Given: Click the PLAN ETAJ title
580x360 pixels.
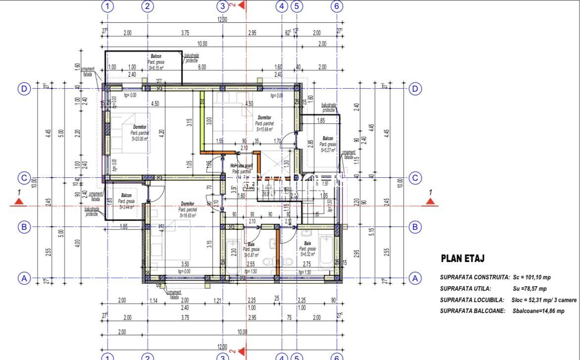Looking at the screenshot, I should [x=462, y=258].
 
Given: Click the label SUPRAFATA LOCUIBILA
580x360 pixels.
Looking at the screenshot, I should [x=472, y=300].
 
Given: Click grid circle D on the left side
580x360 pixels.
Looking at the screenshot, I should [x=24, y=89].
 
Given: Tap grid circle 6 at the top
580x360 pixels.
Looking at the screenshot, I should [x=337, y=6].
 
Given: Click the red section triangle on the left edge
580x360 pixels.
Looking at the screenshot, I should [x=19, y=201].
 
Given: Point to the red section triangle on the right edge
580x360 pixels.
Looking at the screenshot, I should [x=430, y=201].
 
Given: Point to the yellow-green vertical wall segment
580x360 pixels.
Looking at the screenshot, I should [x=202, y=121].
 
